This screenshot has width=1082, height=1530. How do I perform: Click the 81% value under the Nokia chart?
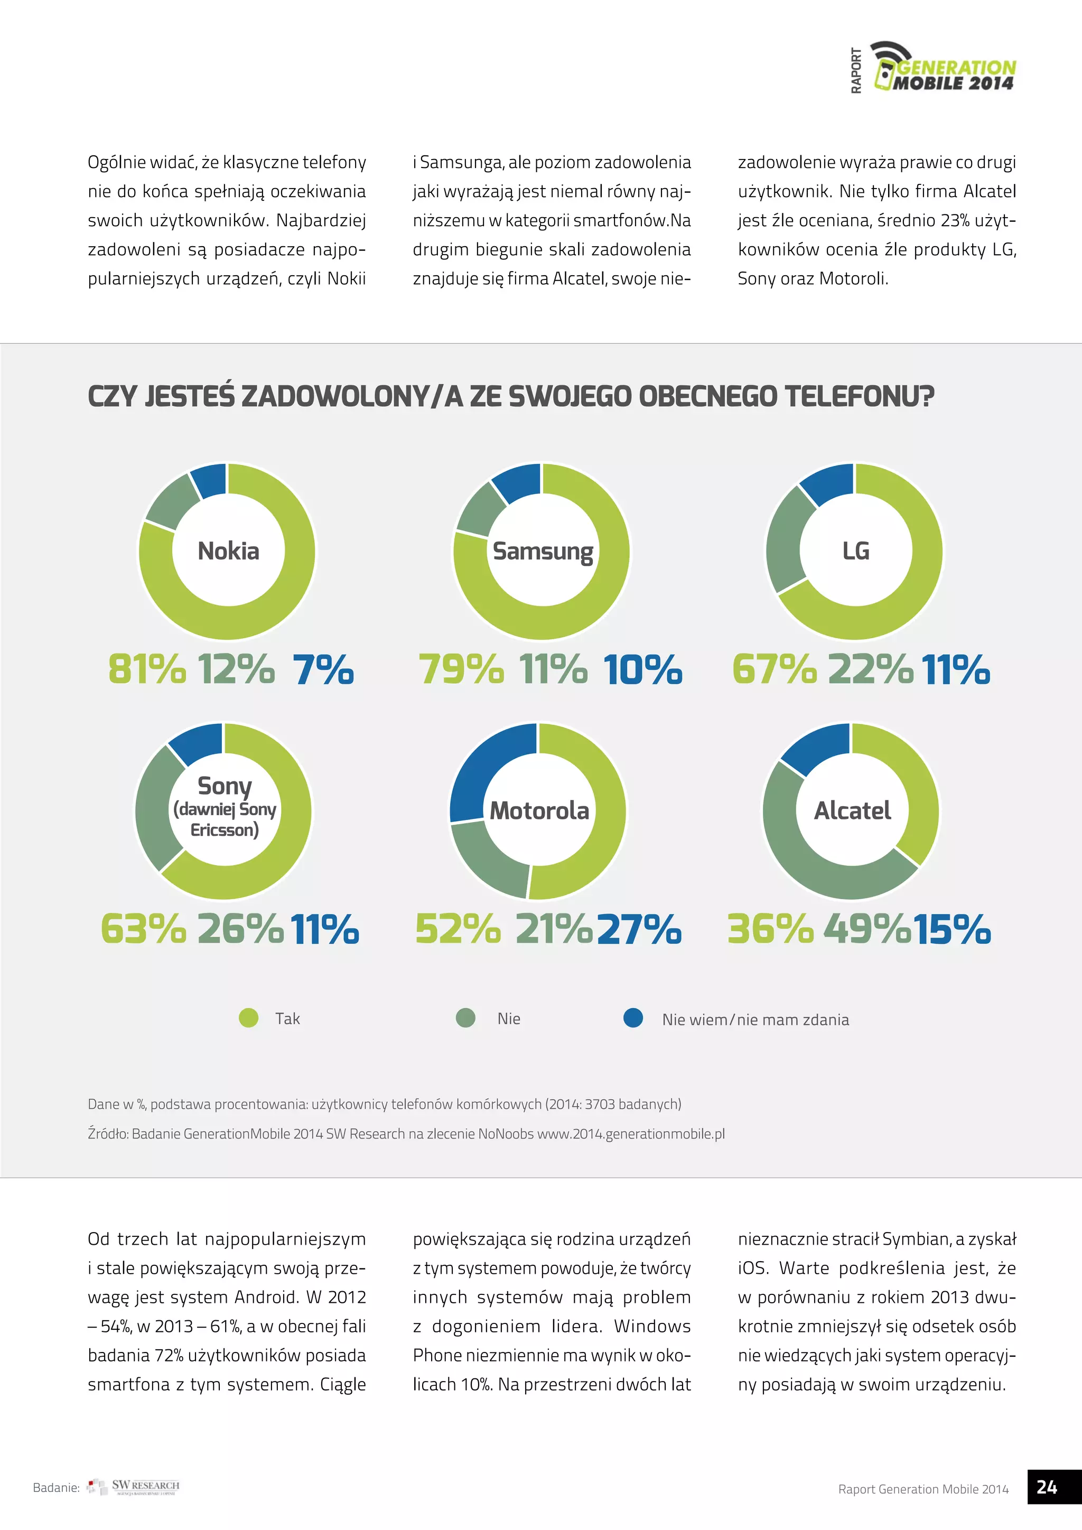(x=146, y=669)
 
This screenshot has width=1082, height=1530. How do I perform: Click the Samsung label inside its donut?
(x=543, y=552)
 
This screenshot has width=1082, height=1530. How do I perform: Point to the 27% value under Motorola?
(x=639, y=929)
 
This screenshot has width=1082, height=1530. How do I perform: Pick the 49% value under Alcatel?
(x=867, y=929)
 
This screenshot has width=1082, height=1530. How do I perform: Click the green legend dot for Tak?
(x=248, y=1018)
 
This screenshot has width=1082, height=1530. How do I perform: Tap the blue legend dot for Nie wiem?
(x=633, y=1018)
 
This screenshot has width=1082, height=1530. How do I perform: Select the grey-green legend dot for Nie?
(x=465, y=1018)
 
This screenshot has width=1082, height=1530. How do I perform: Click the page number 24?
(x=1047, y=1487)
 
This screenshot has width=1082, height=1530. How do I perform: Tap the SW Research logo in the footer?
(x=134, y=1487)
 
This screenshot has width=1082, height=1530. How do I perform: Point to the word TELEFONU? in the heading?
(x=859, y=396)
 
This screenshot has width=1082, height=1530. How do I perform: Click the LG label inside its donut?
(x=855, y=551)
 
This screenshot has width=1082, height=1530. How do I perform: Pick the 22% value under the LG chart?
(x=870, y=669)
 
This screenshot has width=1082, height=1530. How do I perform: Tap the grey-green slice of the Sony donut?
(x=155, y=810)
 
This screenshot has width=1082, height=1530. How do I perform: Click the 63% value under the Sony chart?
(x=143, y=929)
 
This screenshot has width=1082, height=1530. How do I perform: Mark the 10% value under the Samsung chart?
(x=642, y=669)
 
